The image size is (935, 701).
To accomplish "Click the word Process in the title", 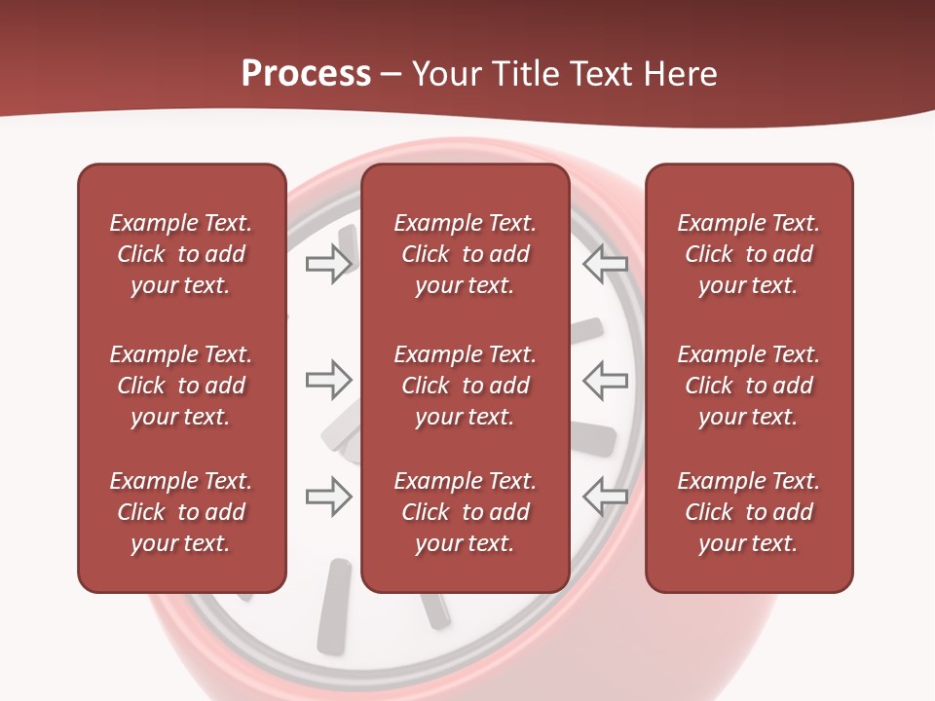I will point(306,74).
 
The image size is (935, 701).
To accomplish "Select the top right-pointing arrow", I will point(328,264).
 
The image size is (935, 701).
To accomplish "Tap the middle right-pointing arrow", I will point(328,380).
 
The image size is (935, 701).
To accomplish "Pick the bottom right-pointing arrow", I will point(328,497).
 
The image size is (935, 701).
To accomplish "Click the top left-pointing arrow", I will point(606,264).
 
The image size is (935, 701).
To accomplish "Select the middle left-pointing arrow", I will point(606,380).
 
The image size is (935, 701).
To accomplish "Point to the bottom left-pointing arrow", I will point(606,497).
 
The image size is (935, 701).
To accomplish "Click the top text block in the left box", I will point(181,254).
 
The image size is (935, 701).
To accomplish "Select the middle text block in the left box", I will point(181,386).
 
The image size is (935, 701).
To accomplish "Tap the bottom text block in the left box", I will point(181,512).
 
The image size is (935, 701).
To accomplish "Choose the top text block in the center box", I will point(465,254).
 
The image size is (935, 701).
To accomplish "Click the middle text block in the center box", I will point(465,386).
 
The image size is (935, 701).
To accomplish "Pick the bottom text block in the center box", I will point(465,512).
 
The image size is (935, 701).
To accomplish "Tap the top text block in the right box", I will point(748,254).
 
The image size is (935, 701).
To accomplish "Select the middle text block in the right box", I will point(748,386).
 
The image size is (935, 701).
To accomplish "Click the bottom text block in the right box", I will point(748,512).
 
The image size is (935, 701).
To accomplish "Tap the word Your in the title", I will point(447,74).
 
